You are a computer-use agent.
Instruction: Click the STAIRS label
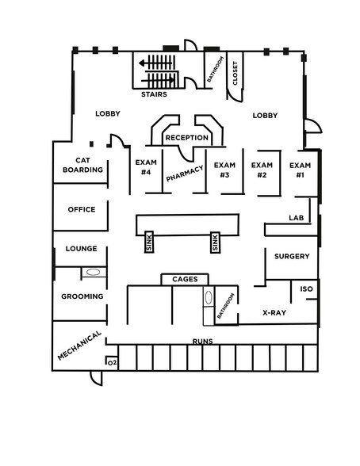click(x=154, y=94)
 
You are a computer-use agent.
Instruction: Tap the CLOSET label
click(x=236, y=74)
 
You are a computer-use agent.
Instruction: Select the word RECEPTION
click(x=186, y=138)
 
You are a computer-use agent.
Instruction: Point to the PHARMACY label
click(x=185, y=173)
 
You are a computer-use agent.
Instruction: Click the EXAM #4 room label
click(x=146, y=167)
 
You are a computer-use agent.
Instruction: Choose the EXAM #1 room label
click(x=300, y=170)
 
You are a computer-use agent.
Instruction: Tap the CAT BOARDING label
click(x=82, y=165)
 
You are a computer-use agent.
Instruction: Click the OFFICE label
click(x=82, y=209)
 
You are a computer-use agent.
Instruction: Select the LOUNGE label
click(x=81, y=249)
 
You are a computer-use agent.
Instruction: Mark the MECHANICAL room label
click(x=79, y=346)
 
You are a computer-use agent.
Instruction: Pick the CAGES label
click(x=185, y=279)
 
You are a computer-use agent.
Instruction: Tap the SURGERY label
click(x=292, y=256)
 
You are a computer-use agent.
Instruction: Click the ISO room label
click(x=306, y=288)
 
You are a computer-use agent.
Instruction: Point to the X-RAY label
click(x=274, y=312)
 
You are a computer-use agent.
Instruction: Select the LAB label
click(x=297, y=218)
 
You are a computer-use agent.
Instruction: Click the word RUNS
click(x=202, y=341)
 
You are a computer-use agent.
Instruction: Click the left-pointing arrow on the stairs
click(x=155, y=63)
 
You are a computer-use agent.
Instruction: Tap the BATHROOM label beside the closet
click(x=215, y=69)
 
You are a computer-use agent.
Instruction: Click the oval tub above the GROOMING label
click(x=93, y=272)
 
